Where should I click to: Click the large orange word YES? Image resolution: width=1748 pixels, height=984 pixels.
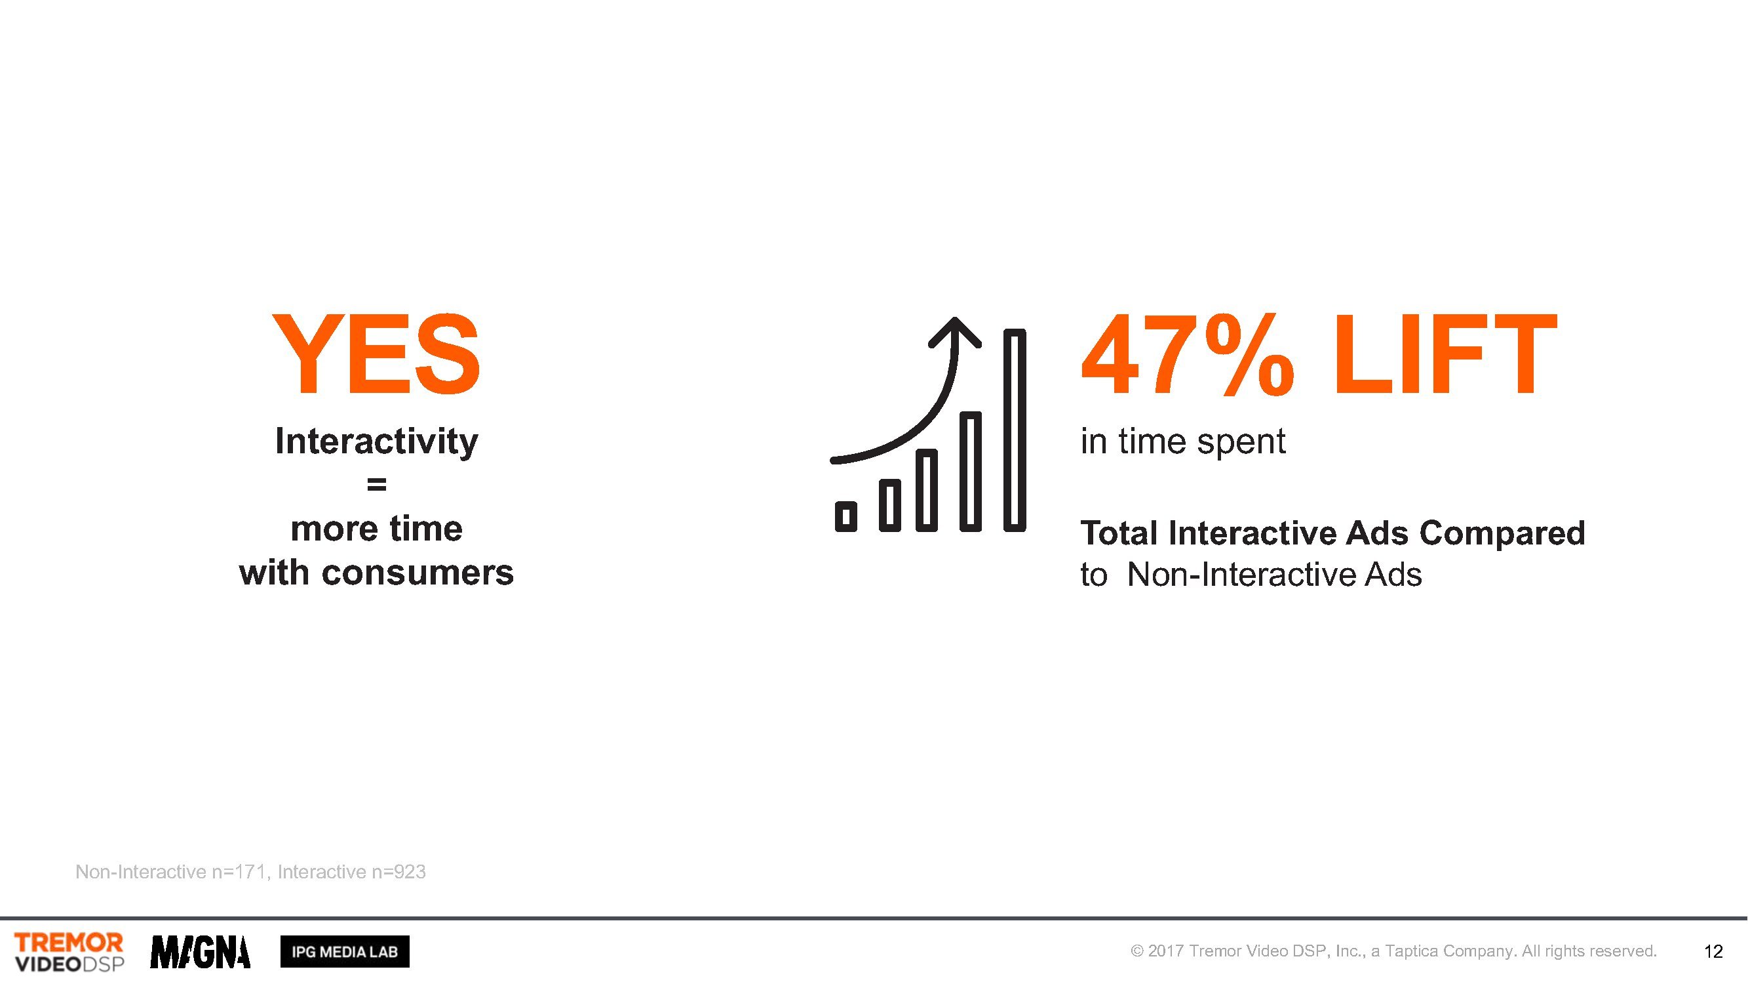coord(376,354)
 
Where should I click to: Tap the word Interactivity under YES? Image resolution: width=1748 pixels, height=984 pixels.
coord(377,442)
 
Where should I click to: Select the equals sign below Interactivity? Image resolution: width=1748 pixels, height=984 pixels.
coord(377,484)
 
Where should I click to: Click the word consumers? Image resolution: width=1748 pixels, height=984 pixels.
coord(418,573)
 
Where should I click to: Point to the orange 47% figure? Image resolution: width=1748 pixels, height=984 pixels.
coord(1188,354)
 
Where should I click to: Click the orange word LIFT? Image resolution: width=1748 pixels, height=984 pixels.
coord(1445,354)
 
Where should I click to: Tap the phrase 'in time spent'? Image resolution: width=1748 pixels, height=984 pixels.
coord(1183,442)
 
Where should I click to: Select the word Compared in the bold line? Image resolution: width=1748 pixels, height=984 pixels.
coord(1502,534)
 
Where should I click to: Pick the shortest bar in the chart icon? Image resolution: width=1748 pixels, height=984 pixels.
coord(846,516)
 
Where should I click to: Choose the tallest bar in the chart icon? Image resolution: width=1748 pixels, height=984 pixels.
coord(1015,430)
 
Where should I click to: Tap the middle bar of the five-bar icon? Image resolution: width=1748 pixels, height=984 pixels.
coord(926,489)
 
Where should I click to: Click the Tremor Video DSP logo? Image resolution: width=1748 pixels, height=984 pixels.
coord(69,952)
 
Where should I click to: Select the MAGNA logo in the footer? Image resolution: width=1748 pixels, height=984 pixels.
coord(200,952)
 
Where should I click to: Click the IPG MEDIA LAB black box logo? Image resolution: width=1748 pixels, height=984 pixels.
coord(345,952)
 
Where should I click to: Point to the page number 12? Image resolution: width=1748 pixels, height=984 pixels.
coord(1713,952)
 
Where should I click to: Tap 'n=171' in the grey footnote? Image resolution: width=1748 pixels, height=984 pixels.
coord(239,872)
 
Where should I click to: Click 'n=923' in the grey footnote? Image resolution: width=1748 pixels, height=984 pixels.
coord(398,872)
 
